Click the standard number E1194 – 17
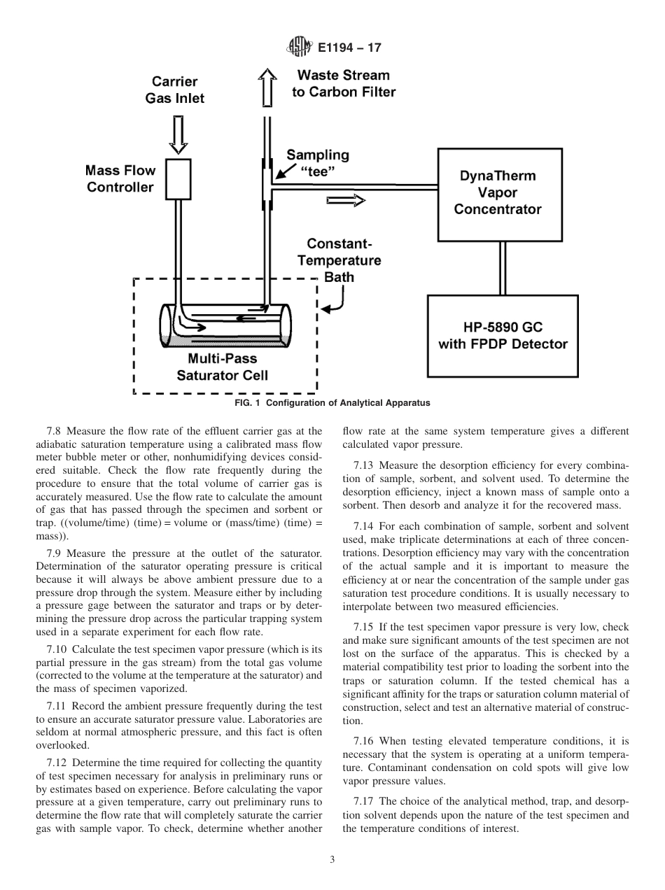[349, 48]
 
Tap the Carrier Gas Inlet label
[175, 90]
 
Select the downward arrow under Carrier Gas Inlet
[178, 134]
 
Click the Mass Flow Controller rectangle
[178, 179]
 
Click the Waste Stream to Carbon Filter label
[344, 83]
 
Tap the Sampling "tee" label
[317, 164]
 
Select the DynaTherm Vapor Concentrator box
[500, 193]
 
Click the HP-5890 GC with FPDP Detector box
[503, 336]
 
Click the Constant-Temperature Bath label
[339, 260]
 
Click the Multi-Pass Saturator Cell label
[222, 367]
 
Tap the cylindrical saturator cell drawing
[225, 325]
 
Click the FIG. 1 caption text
[332, 403]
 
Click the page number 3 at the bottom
[332, 861]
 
